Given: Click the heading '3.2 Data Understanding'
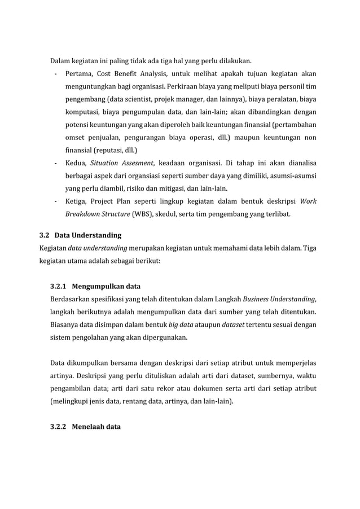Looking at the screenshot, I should pos(80,235).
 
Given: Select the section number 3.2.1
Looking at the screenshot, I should pos(60,286).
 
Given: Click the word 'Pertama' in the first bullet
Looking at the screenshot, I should pos(79,74).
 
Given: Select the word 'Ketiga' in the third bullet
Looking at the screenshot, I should pos(77,201).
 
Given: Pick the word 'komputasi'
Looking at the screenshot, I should pos(84,112).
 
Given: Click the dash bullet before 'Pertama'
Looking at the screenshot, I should pos(55,74).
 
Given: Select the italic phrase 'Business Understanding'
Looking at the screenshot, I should pos(279,299).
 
